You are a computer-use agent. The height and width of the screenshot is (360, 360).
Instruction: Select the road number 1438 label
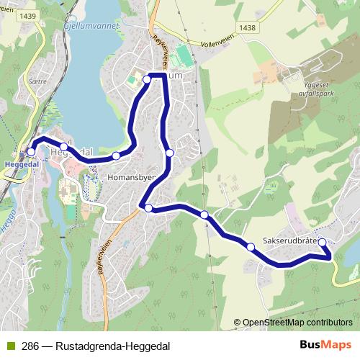pyautogui.click(x=248, y=27)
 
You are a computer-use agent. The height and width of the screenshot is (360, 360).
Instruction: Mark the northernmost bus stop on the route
pyautogui.click(x=146, y=78)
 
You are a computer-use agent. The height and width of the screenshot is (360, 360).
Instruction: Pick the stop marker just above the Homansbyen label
pyautogui.click(x=116, y=156)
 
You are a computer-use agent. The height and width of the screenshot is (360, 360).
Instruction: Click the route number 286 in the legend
pyautogui.click(x=30, y=346)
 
